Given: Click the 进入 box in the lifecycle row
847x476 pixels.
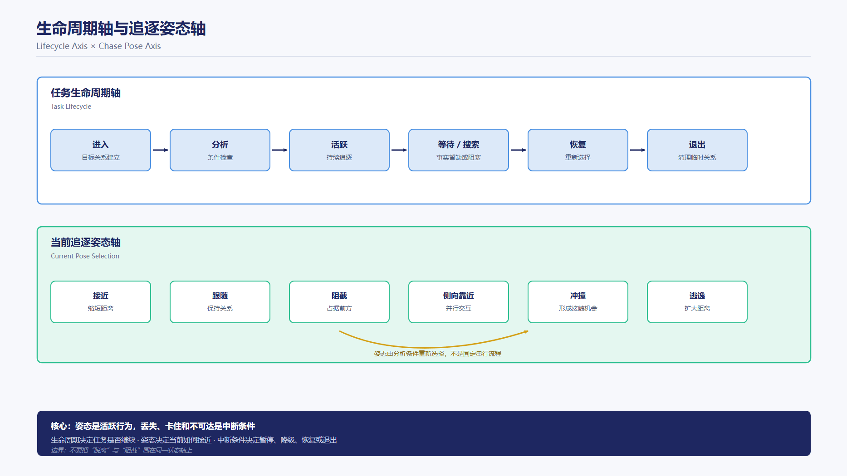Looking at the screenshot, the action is tap(101, 150).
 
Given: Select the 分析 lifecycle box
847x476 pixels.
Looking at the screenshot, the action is tap(220, 150).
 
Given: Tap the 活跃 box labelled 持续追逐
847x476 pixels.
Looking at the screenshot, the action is tap(339, 150).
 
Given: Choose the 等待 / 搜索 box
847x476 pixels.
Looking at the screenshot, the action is tap(459, 150).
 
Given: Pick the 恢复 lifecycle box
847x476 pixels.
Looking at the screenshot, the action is tap(578, 150).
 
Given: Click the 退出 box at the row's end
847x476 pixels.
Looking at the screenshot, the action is tap(697, 150).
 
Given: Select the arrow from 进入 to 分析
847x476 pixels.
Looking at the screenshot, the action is tap(161, 150).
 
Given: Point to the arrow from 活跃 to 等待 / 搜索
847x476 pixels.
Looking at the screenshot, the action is tap(399, 150).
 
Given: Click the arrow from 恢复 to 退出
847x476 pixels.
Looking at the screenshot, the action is tap(638, 150).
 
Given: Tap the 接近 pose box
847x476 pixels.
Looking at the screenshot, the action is tap(101, 302).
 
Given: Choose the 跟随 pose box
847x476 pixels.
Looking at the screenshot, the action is tap(220, 302).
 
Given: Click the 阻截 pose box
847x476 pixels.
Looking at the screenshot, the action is tap(339, 302).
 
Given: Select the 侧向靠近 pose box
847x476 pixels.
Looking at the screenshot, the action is tap(459, 302).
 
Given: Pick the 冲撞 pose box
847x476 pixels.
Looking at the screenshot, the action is tap(578, 302).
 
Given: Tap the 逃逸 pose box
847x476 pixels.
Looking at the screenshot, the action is tap(697, 302).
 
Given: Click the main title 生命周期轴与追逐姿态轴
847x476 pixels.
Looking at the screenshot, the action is tap(121, 29).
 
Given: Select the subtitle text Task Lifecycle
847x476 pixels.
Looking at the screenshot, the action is tap(71, 107).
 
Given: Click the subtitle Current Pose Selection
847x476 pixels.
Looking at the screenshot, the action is tap(85, 256).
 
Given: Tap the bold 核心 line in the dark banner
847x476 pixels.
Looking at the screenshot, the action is tap(153, 426).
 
